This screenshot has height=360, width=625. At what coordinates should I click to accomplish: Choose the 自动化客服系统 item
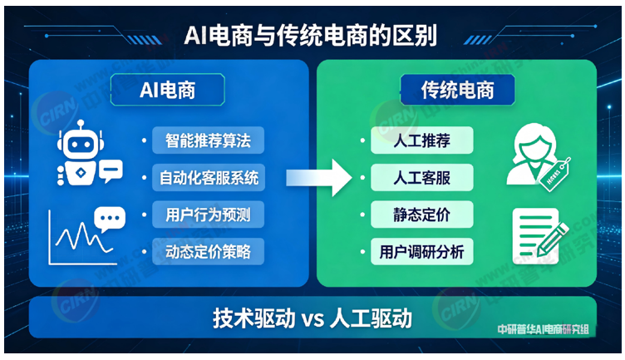[x=208, y=177]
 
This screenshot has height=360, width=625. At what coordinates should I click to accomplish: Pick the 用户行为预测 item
[x=208, y=215]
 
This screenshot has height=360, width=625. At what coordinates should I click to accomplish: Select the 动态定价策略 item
[x=208, y=250]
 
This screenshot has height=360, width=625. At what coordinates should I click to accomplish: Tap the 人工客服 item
[x=421, y=177]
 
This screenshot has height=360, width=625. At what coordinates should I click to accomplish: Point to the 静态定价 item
[x=421, y=215]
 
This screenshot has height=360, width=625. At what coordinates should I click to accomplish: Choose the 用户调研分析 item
[x=421, y=250]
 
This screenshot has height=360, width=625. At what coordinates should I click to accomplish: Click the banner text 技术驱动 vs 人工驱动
[x=312, y=318]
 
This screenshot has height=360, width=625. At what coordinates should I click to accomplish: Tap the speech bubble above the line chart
[x=107, y=218]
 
